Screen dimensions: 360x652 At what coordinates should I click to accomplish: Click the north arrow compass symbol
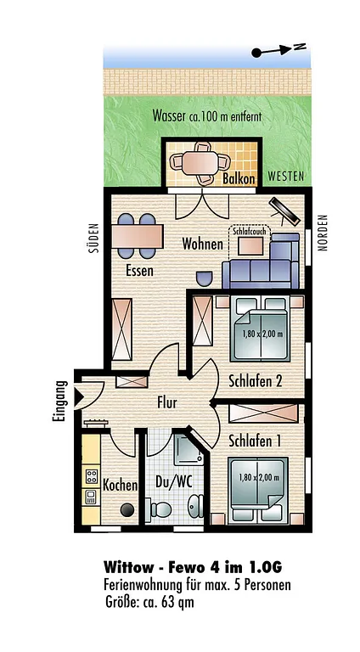tap(279, 50)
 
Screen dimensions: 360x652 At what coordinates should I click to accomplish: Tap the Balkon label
tap(239, 179)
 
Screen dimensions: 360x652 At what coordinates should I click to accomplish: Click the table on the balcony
tap(200, 162)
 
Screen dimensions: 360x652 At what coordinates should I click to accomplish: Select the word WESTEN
tap(285, 177)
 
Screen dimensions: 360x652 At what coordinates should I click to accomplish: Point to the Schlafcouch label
tap(249, 232)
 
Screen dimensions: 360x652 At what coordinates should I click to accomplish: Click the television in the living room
tap(284, 211)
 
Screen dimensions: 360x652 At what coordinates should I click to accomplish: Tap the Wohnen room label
tap(202, 244)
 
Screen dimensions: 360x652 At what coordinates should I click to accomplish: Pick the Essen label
tap(140, 271)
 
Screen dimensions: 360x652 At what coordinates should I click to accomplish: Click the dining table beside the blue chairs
tap(138, 236)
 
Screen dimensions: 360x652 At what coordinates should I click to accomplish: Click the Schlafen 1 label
tap(255, 441)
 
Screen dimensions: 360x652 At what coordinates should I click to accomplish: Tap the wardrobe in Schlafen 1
tap(263, 413)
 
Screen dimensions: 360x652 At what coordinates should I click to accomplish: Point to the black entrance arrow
tap(78, 396)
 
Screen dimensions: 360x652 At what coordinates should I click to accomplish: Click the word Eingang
tap(59, 402)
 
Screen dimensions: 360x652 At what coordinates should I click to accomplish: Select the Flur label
tap(167, 402)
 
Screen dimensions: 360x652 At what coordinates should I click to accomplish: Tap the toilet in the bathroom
tap(160, 509)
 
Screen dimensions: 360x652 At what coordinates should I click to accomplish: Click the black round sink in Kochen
tap(127, 509)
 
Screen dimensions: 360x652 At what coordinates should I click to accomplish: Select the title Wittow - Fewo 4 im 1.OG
tap(193, 567)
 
